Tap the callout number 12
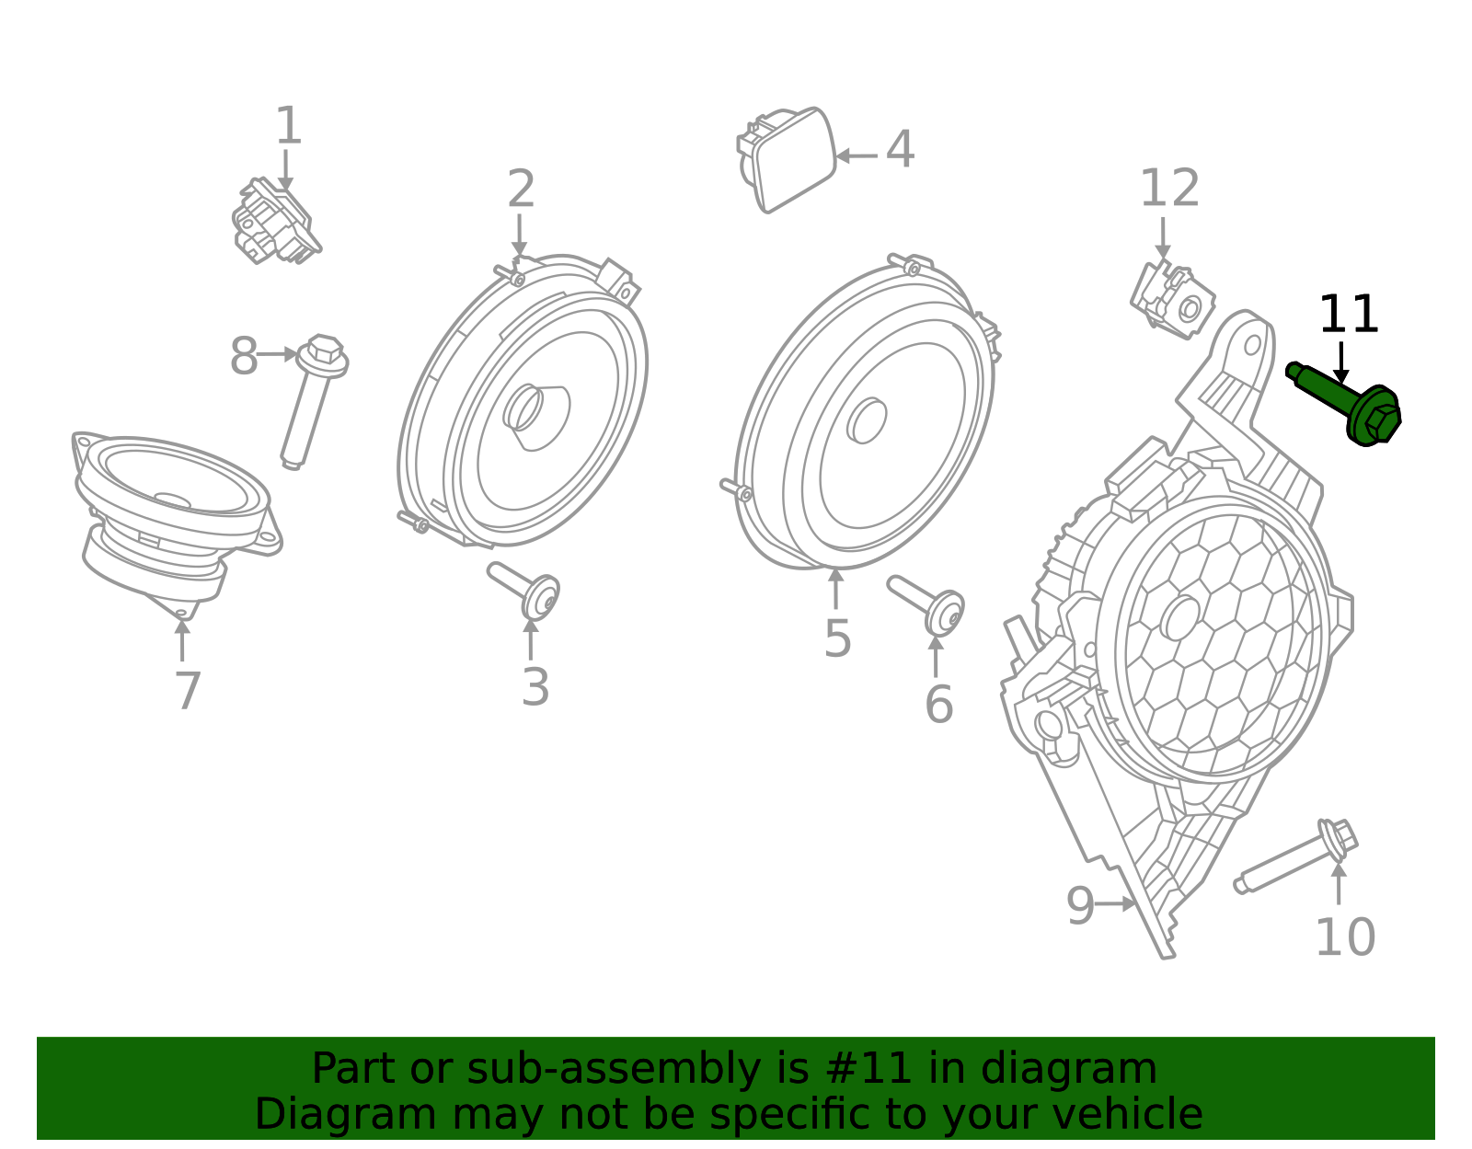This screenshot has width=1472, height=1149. [1169, 188]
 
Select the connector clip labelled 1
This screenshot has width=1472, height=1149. [276, 221]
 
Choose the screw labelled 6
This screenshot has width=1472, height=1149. [926, 604]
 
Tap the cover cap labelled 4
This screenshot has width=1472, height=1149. [788, 160]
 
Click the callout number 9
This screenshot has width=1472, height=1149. [1080, 905]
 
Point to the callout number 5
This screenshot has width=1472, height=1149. [837, 638]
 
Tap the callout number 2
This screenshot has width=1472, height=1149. [521, 189]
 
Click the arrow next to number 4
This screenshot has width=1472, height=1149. [857, 156]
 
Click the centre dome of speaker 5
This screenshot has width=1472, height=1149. [867, 421]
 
